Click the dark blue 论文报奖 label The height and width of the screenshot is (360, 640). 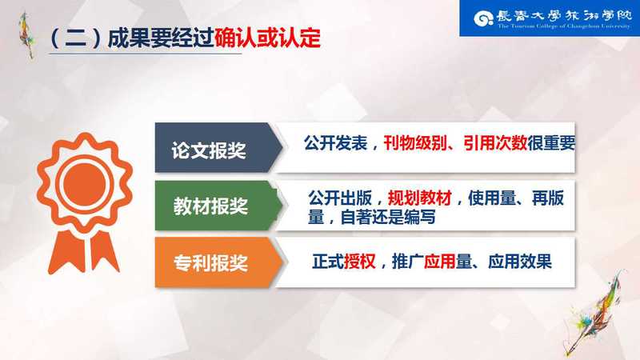pos(209,150)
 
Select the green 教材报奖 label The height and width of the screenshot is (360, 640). pos(210,206)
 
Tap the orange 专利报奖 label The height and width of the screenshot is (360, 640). pos(210,263)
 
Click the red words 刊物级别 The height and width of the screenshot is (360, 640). pos(414,143)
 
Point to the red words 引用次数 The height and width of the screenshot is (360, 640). pos(495,143)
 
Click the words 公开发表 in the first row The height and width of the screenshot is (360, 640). pos(335,143)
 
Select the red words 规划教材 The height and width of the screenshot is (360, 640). pos(419,198)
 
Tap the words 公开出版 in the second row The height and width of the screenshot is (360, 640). pos(339,198)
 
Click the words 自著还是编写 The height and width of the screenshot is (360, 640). pos(388,217)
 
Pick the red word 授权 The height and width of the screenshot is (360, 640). pos(359,262)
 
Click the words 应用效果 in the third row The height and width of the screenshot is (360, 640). pos(520,262)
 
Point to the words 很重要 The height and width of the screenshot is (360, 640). pos(551,143)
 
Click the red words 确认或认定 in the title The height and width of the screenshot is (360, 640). pos(267,38)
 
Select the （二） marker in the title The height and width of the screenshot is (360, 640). pos(75,38)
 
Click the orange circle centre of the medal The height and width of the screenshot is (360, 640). pos(85,184)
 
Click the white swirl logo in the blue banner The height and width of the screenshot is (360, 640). pos(484,18)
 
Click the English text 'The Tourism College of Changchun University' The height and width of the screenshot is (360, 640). pos(564,26)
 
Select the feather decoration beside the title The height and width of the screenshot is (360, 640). pos(27,34)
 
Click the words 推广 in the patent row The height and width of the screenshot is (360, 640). pos(408,262)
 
